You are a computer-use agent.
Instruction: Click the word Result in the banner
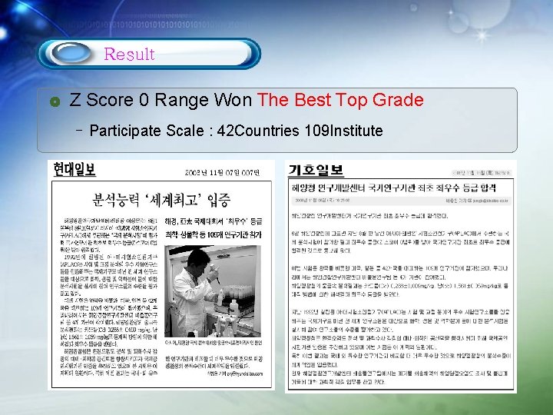coord(129,55)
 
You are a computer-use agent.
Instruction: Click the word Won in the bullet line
coord(233,100)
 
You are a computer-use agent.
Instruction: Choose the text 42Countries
coord(261,131)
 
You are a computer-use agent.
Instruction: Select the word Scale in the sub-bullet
coord(187,131)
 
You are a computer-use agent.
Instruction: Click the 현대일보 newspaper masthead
coord(75,169)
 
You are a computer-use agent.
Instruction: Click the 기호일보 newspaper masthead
coord(316,170)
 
